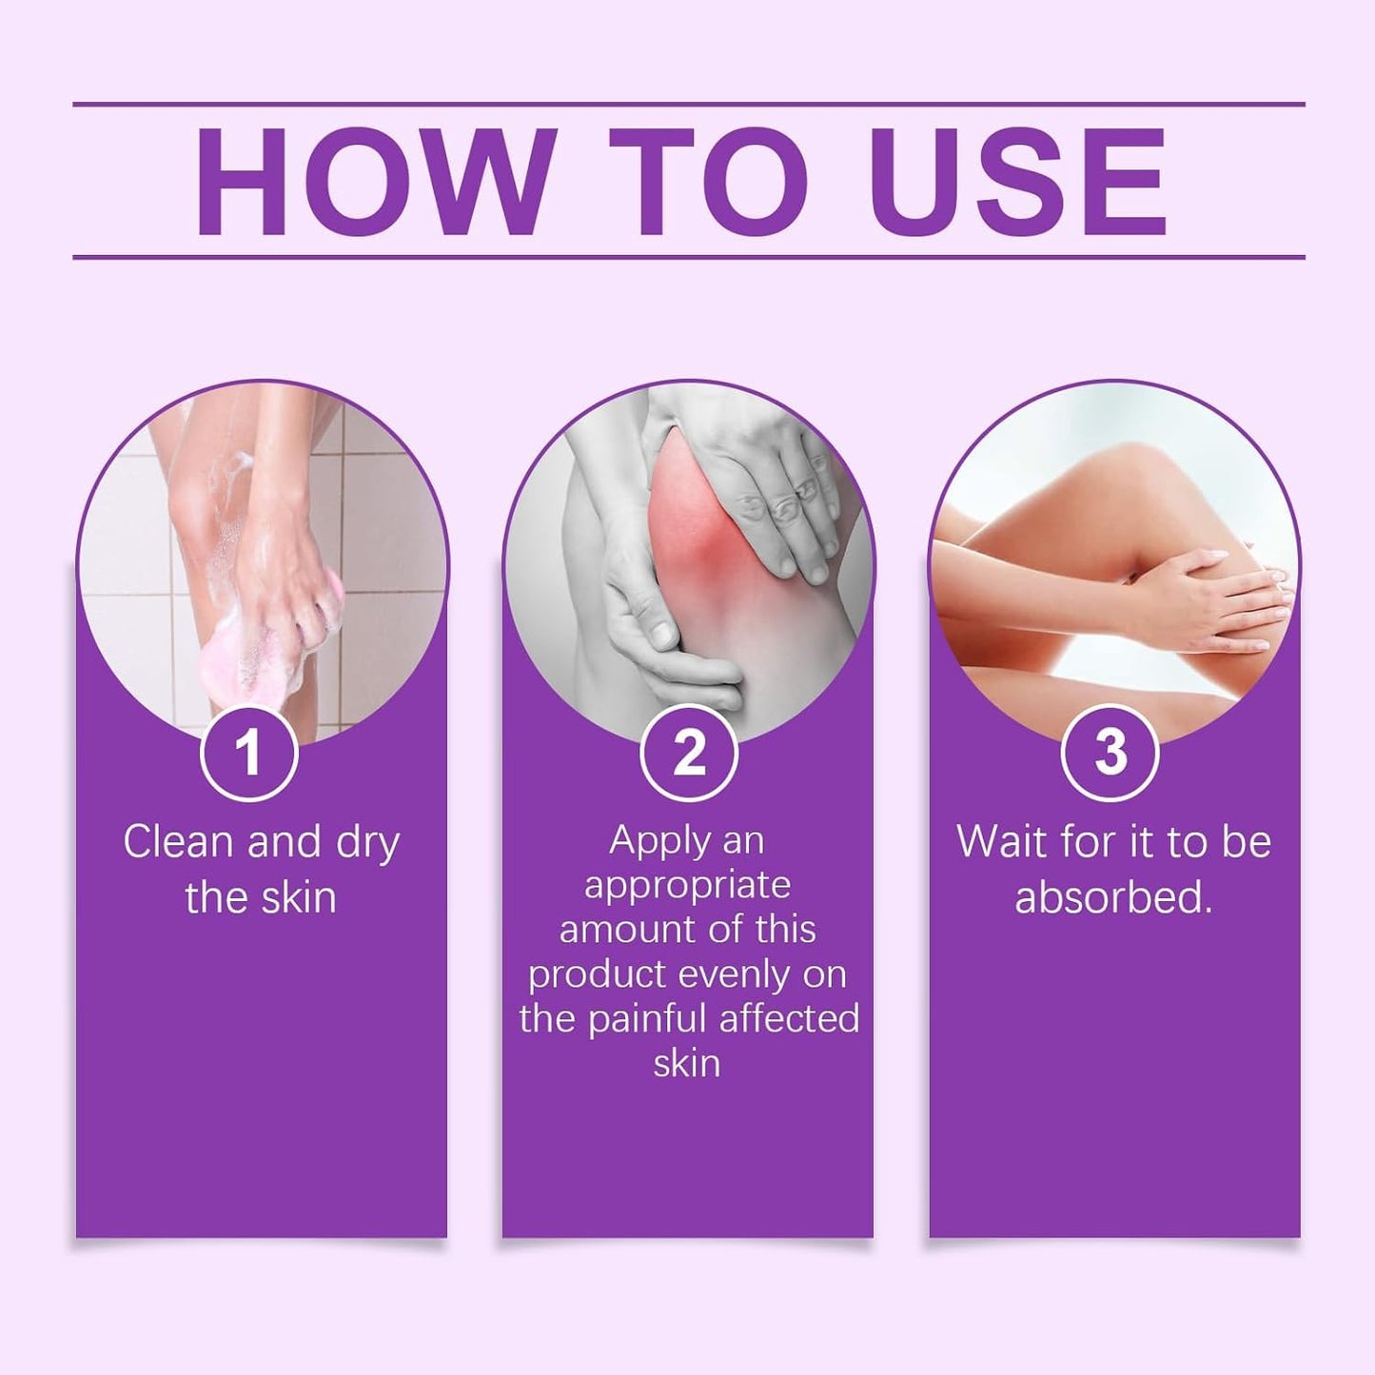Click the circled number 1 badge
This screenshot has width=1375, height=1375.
249,753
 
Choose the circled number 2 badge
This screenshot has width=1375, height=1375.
688,753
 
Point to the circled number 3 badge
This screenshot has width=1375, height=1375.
1110,753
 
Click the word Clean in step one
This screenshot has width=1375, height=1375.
178,842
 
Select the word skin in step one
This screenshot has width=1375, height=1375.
299,897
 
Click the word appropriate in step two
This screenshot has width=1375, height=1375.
687,886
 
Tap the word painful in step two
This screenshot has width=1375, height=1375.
647,1019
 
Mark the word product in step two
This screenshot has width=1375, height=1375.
599,975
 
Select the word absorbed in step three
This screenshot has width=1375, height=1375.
1112,897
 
